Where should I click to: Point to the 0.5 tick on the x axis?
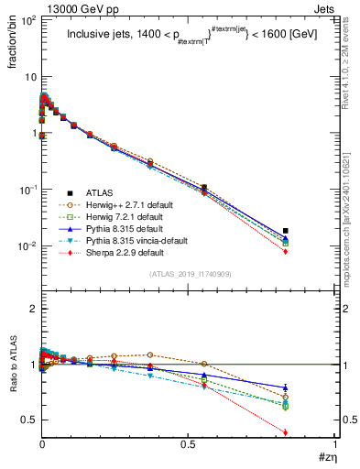(x=189, y=446)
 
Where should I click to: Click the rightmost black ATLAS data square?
(x=312, y=231)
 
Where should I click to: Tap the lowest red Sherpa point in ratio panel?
(x=312, y=432)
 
